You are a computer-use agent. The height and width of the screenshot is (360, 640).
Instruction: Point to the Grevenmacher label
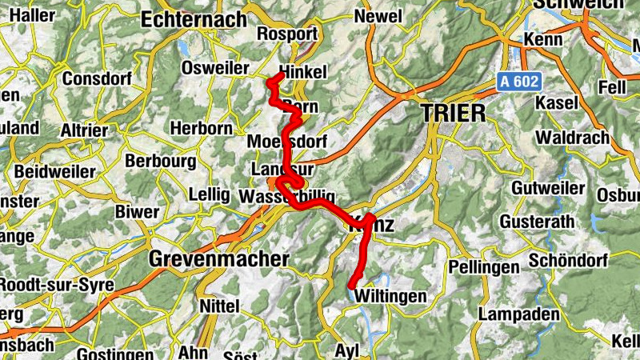click(x=218, y=260)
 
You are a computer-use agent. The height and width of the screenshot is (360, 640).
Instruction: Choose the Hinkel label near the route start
click(x=305, y=72)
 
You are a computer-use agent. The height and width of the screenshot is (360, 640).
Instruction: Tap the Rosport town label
click(x=288, y=34)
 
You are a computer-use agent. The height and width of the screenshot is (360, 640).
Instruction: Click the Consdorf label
click(x=95, y=79)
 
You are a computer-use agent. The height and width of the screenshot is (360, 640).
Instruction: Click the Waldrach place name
click(x=572, y=138)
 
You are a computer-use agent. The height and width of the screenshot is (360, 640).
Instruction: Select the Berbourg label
click(x=160, y=161)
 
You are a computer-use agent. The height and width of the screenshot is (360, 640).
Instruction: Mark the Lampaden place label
click(x=518, y=314)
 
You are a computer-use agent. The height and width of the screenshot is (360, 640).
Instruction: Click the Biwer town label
click(x=138, y=212)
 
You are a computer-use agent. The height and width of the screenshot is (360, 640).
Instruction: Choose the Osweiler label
click(x=215, y=68)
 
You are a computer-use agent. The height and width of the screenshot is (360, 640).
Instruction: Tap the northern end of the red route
click(x=279, y=75)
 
